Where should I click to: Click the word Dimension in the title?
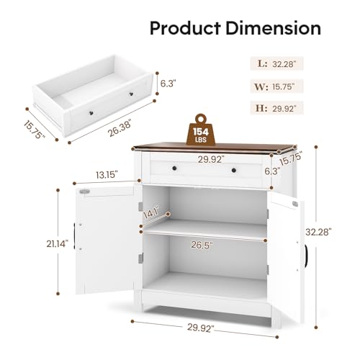pos(274,28)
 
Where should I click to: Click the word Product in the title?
pos(185,28)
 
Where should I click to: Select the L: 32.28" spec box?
pos(276,63)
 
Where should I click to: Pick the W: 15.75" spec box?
pos(276,86)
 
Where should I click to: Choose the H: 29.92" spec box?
pos(276,108)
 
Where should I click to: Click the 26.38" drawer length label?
pos(120,128)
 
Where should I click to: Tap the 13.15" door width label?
pos(107,175)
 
